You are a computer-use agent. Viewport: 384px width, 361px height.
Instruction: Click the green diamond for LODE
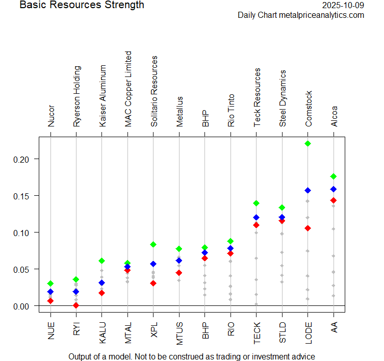308,143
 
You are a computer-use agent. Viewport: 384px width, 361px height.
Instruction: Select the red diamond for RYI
76,305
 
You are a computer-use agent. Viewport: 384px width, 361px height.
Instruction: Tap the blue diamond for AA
334,189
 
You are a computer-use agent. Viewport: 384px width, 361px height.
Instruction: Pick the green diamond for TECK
257,203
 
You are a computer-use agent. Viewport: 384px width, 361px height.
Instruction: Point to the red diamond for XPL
153,283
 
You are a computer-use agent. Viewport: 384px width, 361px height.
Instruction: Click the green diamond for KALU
102,261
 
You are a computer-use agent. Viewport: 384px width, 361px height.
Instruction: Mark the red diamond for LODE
308,228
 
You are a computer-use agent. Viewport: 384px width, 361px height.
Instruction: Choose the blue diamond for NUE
50,292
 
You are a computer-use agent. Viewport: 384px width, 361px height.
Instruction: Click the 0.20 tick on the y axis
39,159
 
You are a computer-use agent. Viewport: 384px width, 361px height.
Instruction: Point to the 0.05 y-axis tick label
24,269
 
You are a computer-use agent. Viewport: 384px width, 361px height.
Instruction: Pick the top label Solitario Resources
154,91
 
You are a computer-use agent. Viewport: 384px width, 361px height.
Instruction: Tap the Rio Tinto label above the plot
231,110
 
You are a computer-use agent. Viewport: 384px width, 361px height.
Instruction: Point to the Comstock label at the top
308,109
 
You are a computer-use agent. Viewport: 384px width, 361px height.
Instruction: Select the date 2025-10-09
344,6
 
